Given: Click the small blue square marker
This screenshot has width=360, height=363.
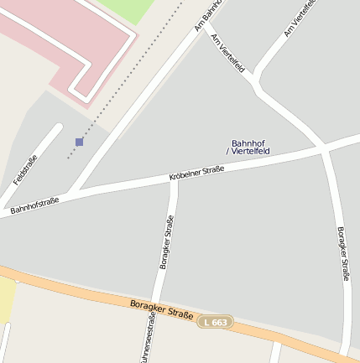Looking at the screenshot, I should tap(79, 142).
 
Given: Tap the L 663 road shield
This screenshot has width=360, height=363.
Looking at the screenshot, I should tap(216, 321).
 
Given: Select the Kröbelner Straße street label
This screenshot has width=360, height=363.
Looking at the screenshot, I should tap(196, 174).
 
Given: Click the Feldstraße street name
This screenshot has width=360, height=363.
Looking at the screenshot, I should tap(25, 171).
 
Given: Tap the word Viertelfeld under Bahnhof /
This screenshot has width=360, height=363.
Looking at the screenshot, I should tap(250, 152).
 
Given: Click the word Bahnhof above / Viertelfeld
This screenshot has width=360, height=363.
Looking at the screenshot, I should tap(248, 143).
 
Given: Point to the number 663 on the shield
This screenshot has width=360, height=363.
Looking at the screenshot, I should tap(220, 321).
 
